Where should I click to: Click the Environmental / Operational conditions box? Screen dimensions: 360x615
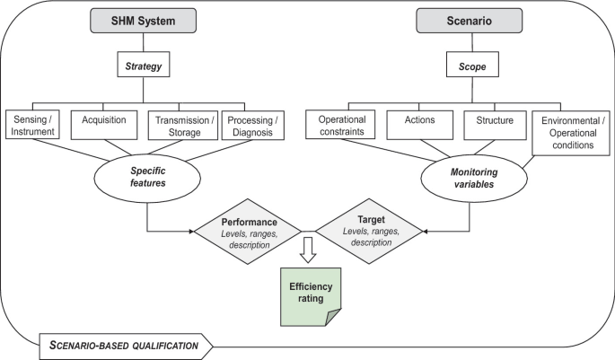(569, 132)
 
